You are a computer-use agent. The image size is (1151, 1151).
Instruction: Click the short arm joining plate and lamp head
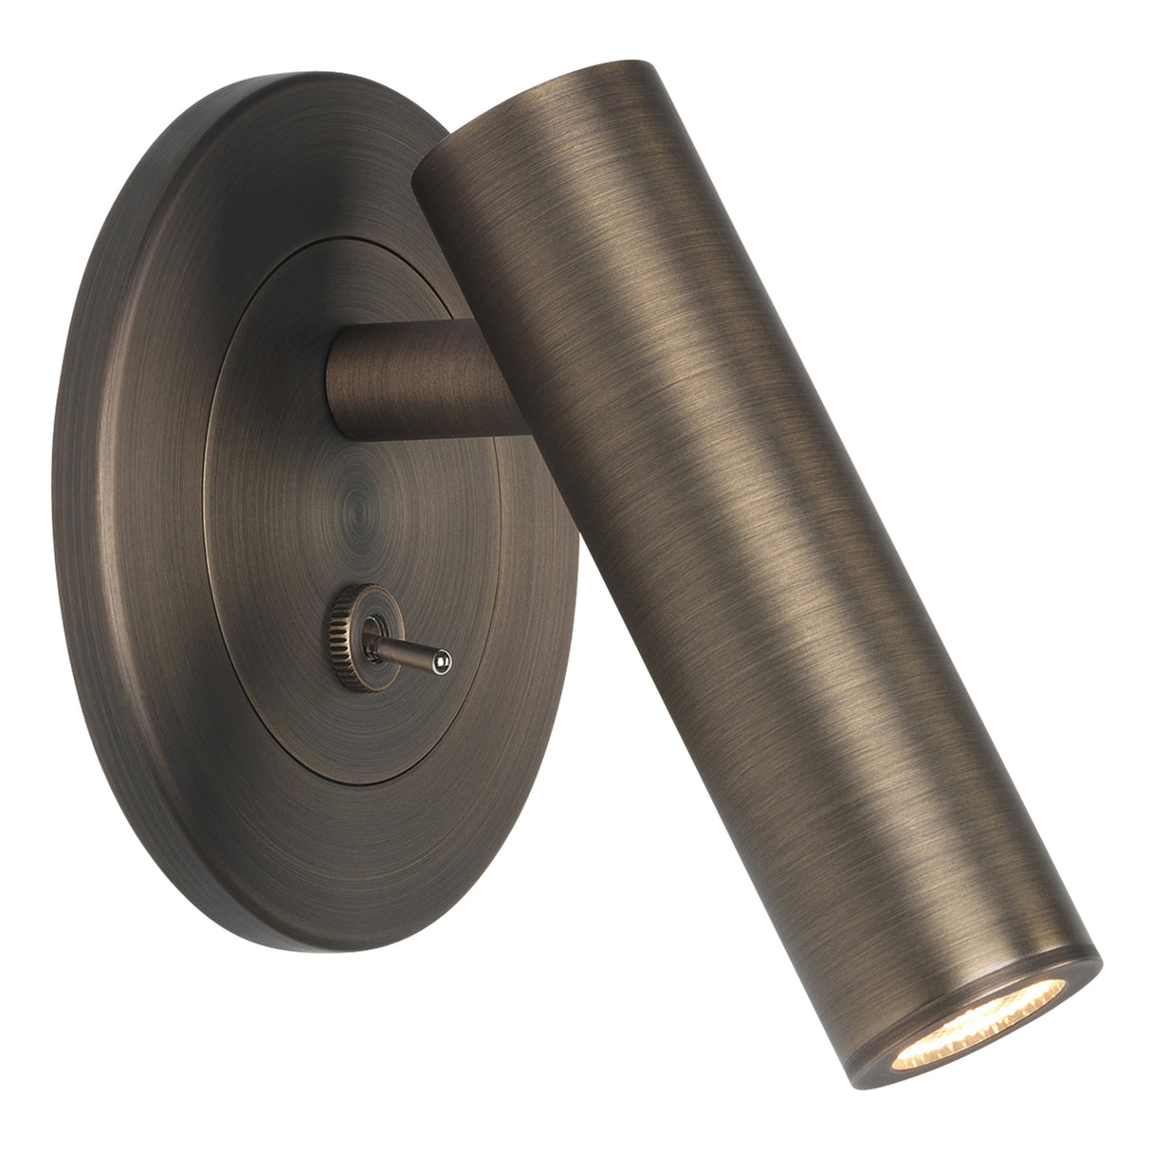417,380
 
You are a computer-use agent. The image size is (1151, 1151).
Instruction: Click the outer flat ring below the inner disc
379,853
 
